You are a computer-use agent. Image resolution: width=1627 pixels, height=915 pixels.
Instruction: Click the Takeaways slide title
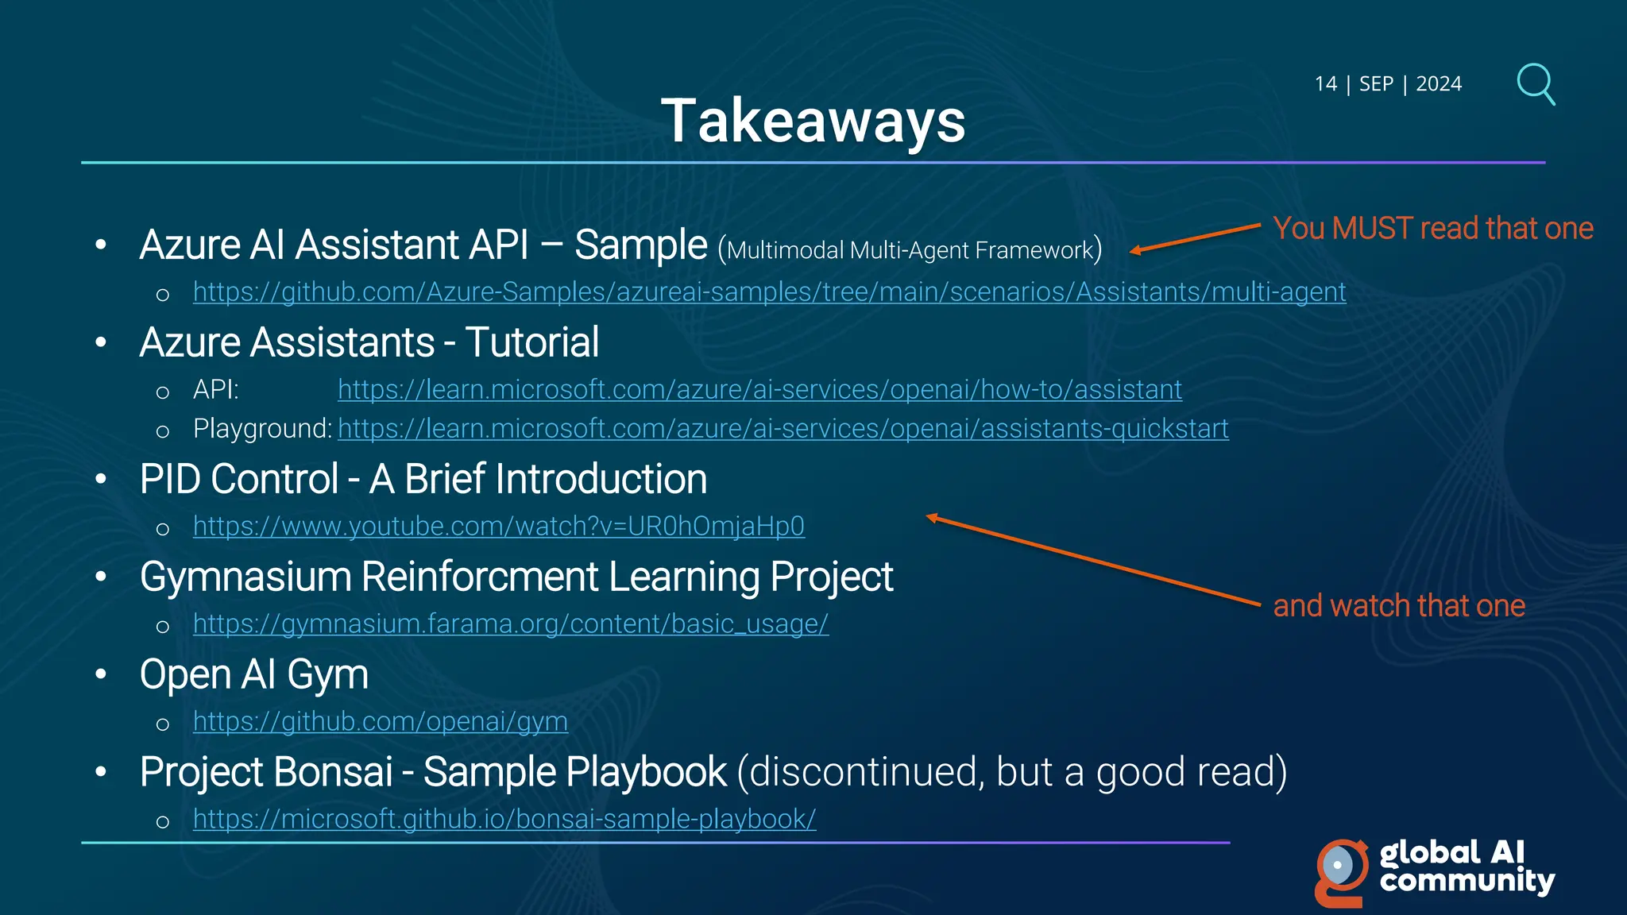coord(813,122)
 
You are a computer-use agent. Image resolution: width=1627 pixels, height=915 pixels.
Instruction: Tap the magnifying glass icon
coord(1535,83)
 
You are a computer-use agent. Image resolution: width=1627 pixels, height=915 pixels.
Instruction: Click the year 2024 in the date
coord(1438,84)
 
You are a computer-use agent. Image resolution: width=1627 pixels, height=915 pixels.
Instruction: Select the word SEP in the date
coord(1376,84)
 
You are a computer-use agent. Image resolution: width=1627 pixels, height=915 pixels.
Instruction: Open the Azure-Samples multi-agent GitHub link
coord(769,292)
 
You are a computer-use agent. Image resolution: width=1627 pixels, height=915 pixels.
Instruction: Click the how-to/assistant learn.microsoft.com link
coord(759,390)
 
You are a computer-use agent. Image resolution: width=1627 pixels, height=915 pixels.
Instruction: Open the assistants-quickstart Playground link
coord(783,429)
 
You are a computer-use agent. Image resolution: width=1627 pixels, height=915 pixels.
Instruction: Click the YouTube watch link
coord(498,527)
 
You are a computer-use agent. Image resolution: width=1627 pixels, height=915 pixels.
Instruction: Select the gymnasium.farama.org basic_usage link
coord(510,624)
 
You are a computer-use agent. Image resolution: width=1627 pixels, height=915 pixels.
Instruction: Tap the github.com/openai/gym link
coord(380,722)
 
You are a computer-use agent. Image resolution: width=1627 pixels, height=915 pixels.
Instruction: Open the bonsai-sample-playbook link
coord(504,820)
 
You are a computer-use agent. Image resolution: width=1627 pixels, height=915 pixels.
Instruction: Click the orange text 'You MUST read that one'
coord(1432,229)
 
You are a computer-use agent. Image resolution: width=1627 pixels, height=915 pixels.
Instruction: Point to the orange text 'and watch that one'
coord(1398,606)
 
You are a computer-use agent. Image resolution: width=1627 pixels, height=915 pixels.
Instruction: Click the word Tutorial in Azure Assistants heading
coord(531,343)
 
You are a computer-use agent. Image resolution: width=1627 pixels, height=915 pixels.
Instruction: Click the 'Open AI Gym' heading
coord(253,675)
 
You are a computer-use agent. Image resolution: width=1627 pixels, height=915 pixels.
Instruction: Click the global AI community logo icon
coord(1341,871)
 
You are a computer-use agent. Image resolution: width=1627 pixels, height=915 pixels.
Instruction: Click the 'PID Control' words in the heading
coord(239,480)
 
